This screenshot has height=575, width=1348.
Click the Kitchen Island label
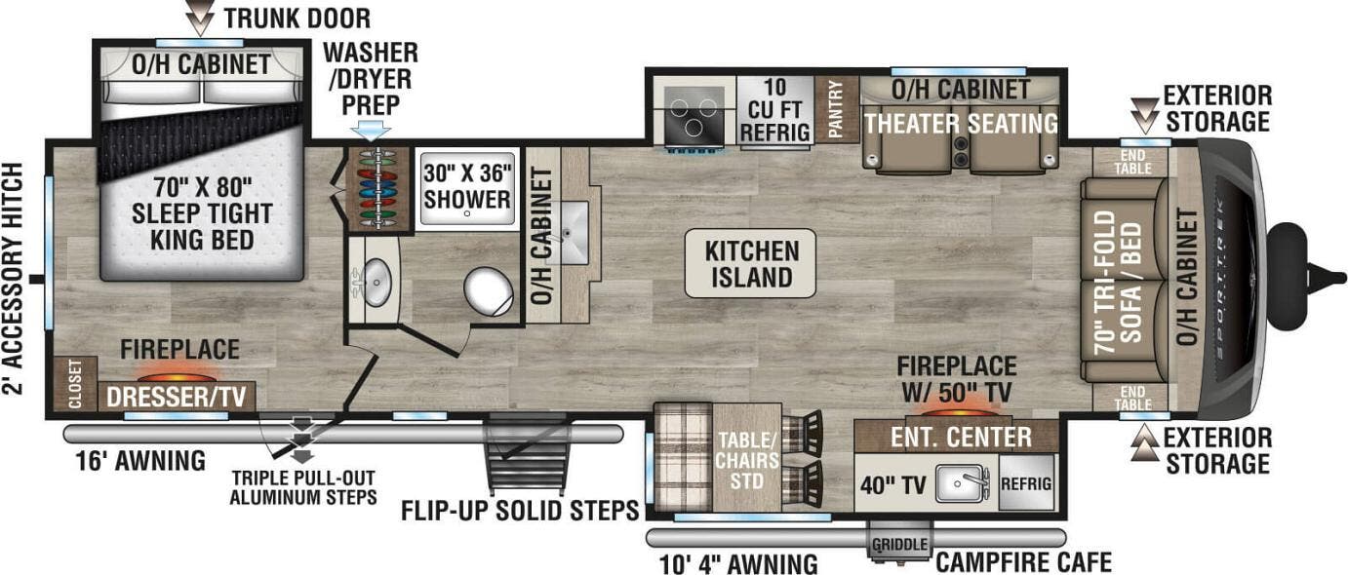(x=750, y=264)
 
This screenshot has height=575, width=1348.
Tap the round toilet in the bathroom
(x=488, y=291)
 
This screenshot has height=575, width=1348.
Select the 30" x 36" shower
(x=466, y=188)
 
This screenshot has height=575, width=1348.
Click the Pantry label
(x=836, y=109)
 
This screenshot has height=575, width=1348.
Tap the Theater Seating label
(x=961, y=124)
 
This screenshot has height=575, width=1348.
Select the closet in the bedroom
(x=75, y=384)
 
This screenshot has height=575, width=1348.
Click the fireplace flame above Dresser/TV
(x=177, y=375)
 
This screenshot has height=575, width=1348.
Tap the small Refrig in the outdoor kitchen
(x=1026, y=482)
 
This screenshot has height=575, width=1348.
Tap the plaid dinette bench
(x=682, y=456)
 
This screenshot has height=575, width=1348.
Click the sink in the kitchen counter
(x=574, y=234)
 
